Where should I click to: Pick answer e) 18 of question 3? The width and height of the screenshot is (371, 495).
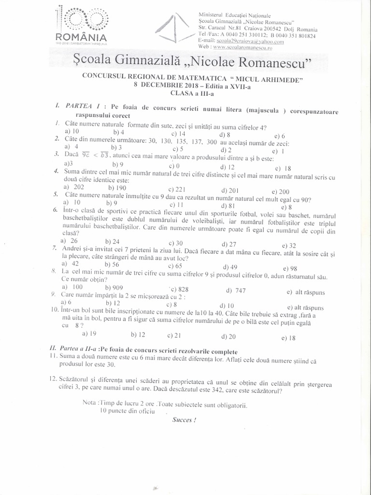pyautogui.click(x=283, y=169)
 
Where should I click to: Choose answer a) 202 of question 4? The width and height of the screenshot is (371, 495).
pyautogui.click(x=74, y=187)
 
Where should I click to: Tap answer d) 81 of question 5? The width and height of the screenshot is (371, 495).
pyautogui.click(x=228, y=205)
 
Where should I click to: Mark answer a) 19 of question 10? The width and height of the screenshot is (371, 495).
pyautogui.click(x=89, y=333)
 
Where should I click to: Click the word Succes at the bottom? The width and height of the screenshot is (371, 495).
pyautogui.click(x=184, y=419)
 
